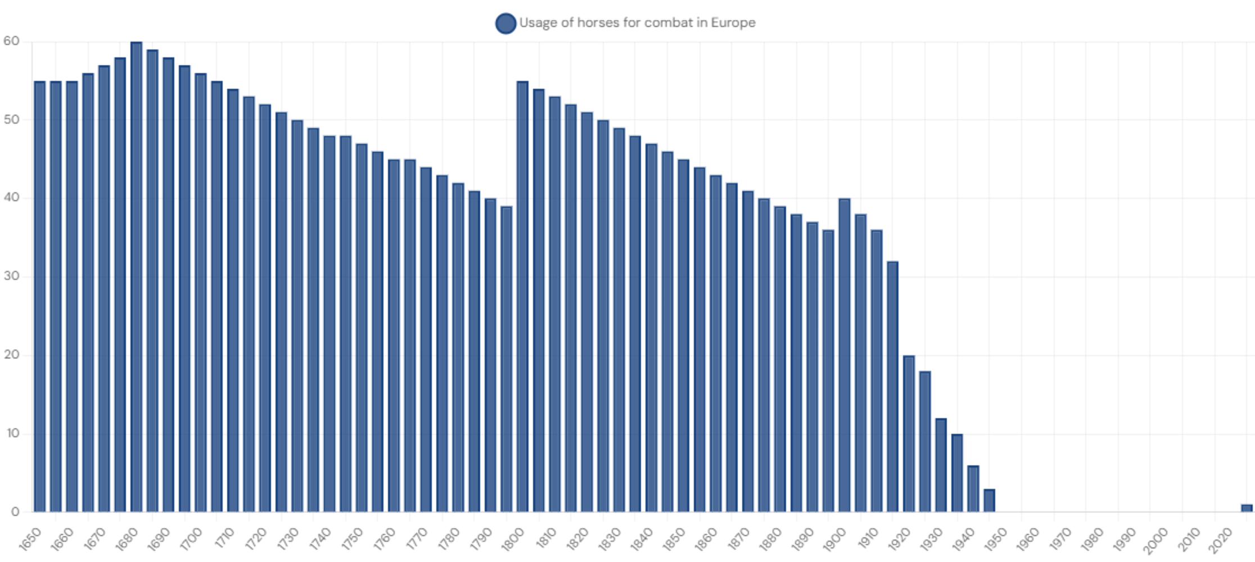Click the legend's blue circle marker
505,23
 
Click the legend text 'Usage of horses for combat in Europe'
636,23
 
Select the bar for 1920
909,433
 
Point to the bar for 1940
973,488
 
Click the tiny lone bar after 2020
1247,508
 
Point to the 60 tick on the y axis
11,41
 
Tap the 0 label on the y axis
15,512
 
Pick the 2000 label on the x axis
1155,540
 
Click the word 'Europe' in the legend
733,23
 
